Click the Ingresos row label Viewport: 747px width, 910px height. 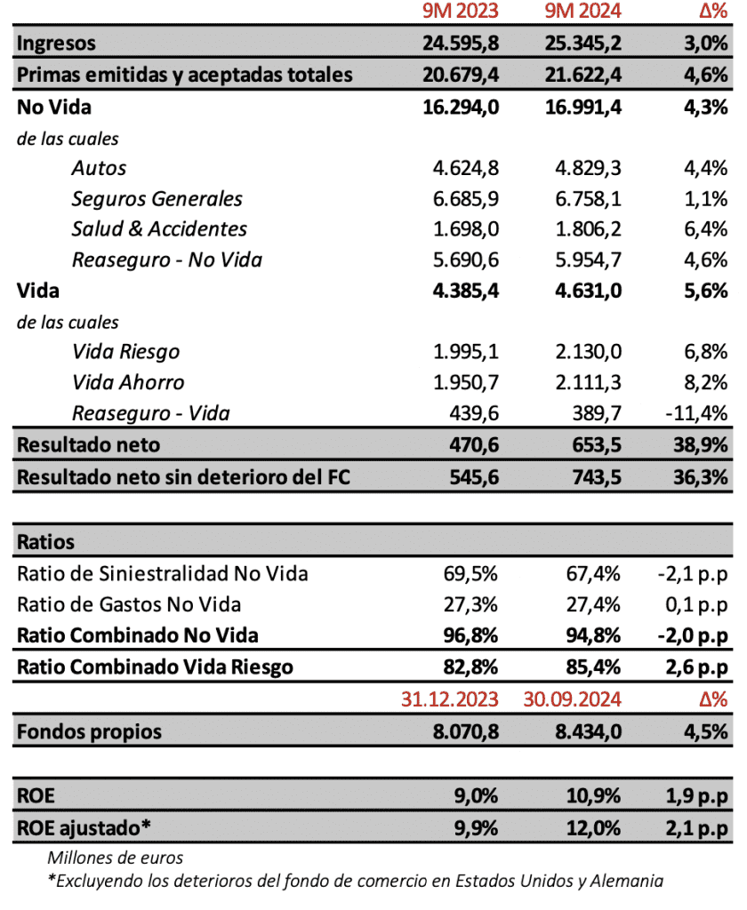point(57,43)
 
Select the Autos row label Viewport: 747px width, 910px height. point(99,168)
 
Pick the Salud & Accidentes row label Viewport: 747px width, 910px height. point(159,228)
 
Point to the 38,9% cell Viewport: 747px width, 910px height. point(701,444)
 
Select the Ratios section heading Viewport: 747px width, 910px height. point(45,541)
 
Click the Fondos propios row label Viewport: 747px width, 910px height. point(89,731)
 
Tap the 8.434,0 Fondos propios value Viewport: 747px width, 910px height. point(583,731)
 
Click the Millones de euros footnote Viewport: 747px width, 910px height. point(115,858)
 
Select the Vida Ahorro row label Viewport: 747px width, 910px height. point(128,382)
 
